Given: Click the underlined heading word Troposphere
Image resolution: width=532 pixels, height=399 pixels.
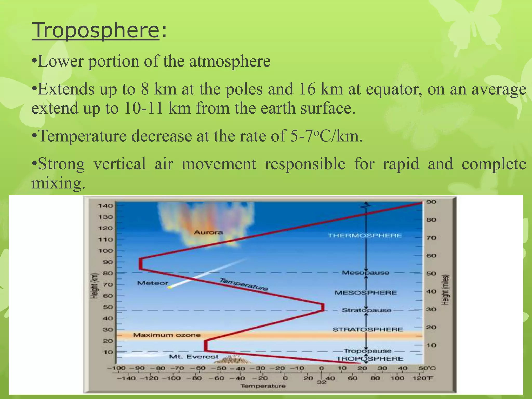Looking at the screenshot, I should point(96,31).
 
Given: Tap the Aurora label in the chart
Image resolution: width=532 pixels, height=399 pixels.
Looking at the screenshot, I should point(208,232).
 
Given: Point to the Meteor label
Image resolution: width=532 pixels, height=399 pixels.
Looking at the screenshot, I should point(152,283).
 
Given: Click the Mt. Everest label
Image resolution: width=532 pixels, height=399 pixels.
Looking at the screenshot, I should point(194,357).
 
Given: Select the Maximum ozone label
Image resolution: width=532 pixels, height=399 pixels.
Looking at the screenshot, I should point(167,335).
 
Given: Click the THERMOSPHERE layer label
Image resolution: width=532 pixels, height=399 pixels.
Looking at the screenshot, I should point(365,236).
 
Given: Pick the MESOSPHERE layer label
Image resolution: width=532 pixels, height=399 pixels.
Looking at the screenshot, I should point(366,293).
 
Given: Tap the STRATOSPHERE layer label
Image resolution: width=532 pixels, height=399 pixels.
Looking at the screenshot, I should point(368,330).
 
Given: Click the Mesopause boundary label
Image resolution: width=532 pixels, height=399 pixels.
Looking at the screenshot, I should point(365,273).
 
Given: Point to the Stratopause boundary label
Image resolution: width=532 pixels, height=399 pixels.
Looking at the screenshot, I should point(367,310).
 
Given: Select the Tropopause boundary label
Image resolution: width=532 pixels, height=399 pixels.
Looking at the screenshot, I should point(368,351).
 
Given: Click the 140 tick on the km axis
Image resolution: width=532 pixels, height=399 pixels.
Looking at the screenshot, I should point(105,206).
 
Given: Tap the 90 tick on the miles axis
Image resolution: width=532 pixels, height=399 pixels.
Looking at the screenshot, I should point(431,202).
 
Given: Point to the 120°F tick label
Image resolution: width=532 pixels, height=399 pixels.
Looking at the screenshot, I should point(423,378).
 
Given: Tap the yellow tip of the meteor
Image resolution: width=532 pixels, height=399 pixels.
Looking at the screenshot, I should point(170,287).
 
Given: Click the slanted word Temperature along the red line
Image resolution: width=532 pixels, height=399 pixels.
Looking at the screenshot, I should point(244,284).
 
